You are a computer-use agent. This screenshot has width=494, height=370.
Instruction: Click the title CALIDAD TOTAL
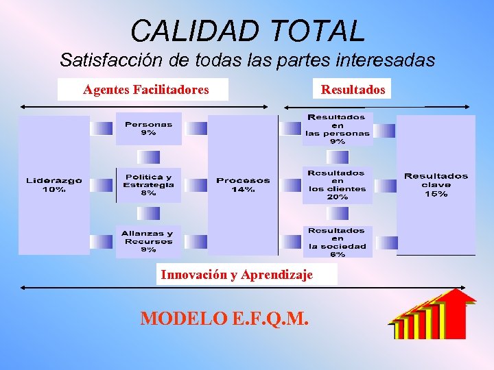coord(247,30)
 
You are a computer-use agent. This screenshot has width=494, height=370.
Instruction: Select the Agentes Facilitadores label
coord(145,90)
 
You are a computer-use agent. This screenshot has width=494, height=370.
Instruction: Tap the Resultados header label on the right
coord(353,90)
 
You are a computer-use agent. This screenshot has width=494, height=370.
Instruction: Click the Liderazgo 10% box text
coord(54,185)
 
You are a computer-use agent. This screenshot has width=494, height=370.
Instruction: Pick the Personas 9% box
coord(148,129)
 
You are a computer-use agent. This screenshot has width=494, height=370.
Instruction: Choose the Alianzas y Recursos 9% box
coord(148,241)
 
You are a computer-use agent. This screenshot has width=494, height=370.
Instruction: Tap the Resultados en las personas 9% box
coord(337,129)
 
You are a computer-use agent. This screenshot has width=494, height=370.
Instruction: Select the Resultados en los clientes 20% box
coord(337,185)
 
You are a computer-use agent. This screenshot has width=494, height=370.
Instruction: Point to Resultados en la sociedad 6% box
coord(337,242)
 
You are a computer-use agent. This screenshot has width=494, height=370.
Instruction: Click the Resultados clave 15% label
coord(436,185)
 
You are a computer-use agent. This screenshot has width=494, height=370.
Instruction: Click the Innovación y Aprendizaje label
coord(236,275)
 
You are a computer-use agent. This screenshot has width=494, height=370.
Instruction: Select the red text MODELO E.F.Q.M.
coord(224,319)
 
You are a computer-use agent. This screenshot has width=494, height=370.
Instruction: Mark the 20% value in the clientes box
coord(337,197)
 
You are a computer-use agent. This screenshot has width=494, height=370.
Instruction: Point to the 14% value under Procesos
coord(243,190)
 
